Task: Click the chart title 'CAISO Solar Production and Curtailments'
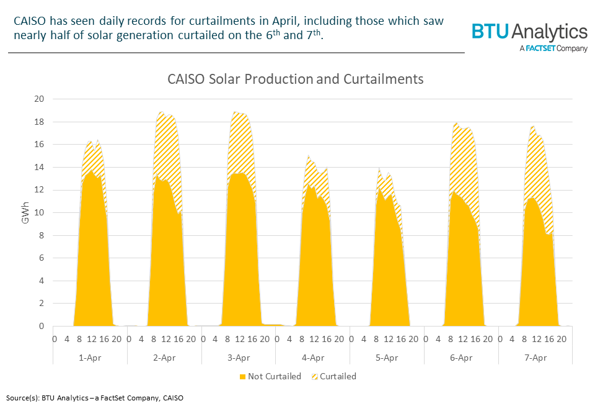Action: (295, 79)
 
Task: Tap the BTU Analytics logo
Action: (529, 32)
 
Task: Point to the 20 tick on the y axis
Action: (39, 99)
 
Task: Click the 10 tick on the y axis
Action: (39, 212)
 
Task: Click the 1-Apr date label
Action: (90, 358)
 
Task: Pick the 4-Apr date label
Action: (312, 358)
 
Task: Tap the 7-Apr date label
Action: (535, 358)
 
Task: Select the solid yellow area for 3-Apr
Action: (238, 248)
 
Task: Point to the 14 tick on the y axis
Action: (39, 167)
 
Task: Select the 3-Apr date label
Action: (238, 358)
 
